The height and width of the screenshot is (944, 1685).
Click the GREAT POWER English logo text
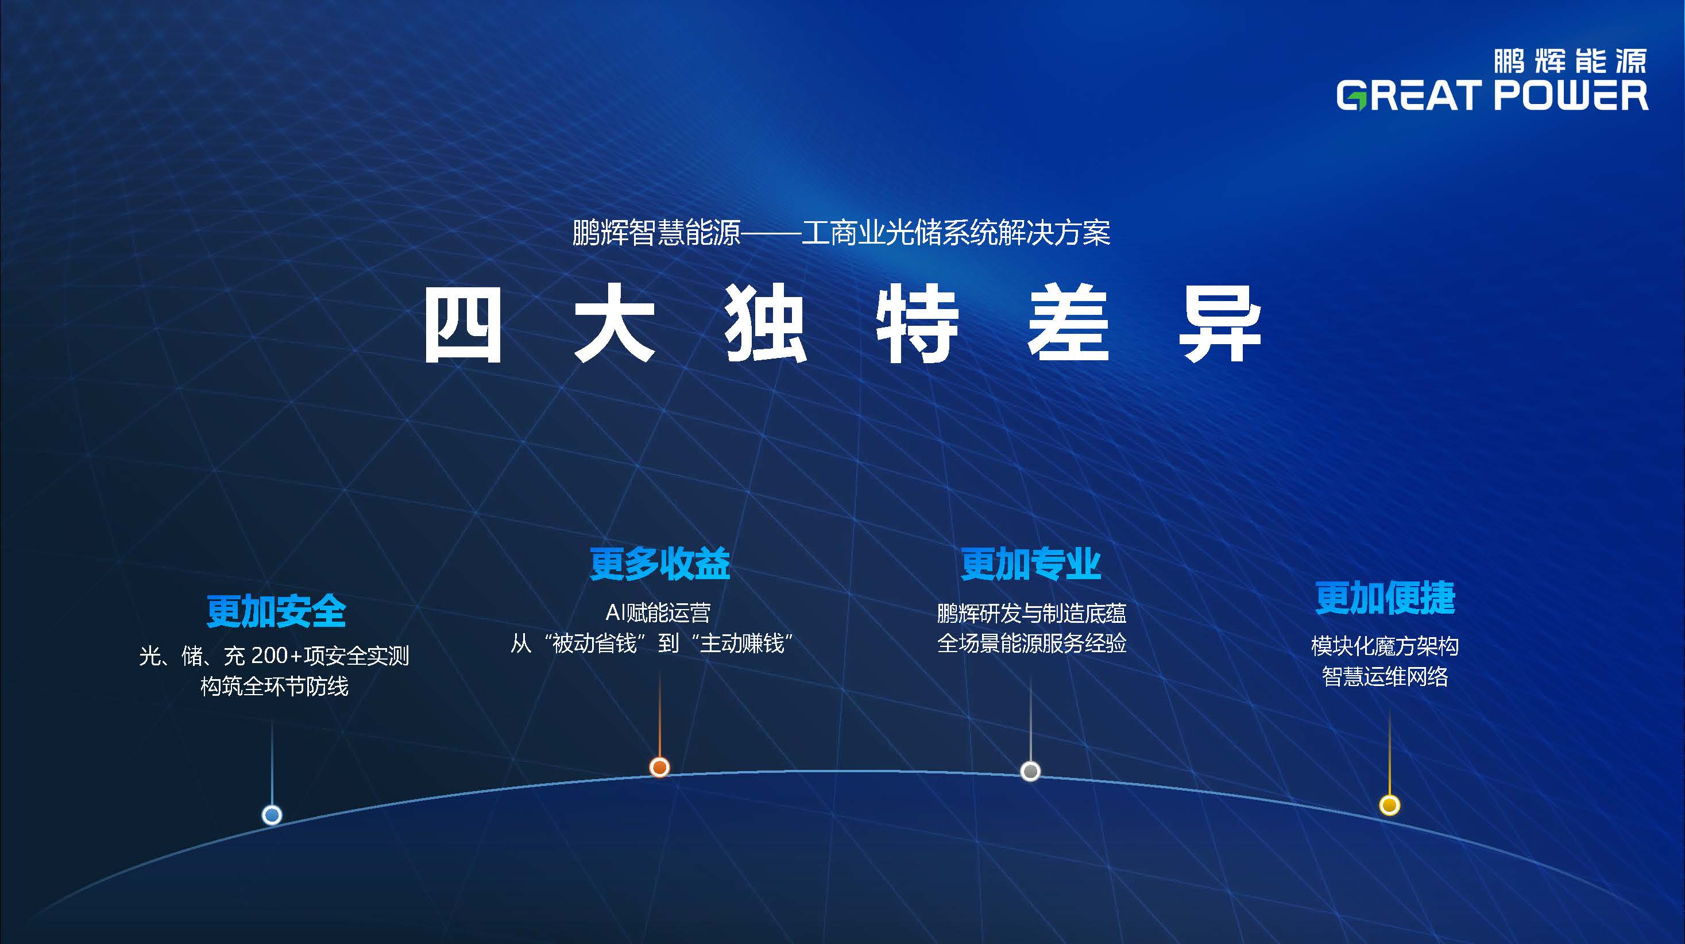point(1492,95)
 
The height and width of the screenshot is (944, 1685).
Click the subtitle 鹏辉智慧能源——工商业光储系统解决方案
point(841,232)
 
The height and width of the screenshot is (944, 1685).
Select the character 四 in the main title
point(463,325)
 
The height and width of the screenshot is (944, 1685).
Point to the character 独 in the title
point(766,325)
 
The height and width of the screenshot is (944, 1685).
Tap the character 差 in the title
point(1068,325)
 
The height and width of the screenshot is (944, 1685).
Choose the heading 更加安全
point(276,611)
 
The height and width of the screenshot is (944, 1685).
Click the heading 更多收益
point(659,564)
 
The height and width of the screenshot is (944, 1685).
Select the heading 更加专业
point(1031,564)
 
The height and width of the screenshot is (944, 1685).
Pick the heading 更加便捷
point(1385,598)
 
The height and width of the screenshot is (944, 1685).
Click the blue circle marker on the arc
point(272,815)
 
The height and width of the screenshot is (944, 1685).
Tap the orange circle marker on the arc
point(659,766)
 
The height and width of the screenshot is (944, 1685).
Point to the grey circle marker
point(1030,771)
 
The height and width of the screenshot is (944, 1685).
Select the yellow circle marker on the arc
point(1389,804)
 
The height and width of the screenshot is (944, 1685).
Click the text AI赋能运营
point(658,612)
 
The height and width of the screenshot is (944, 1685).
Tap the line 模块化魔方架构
point(1385,646)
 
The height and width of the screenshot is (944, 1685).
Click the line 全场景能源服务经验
point(1031,643)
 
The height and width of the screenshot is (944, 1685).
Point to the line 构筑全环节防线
point(274,686)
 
